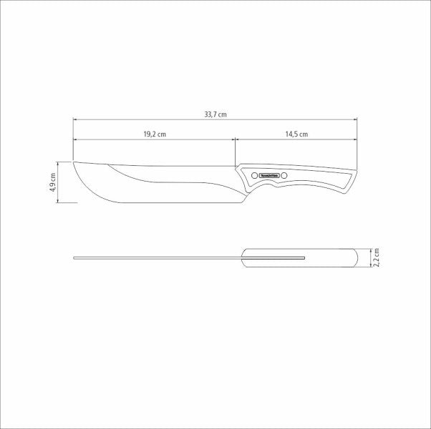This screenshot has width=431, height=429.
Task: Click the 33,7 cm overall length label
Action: tap(215, 113)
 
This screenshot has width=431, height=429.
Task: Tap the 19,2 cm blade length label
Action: tap(154, 134)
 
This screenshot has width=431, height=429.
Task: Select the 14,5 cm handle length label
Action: tap(296, 134)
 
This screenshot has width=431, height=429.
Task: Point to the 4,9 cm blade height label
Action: tap(52, 182)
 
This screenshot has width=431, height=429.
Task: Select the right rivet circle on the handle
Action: tap(284, 175)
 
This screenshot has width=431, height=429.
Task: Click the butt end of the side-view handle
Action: tap(355, 172)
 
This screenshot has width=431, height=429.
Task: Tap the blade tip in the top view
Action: tap(74, 257)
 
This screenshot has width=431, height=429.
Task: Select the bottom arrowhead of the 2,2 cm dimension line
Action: tap(371, 265)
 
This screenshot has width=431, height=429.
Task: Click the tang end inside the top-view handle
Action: tap(305, 257)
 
